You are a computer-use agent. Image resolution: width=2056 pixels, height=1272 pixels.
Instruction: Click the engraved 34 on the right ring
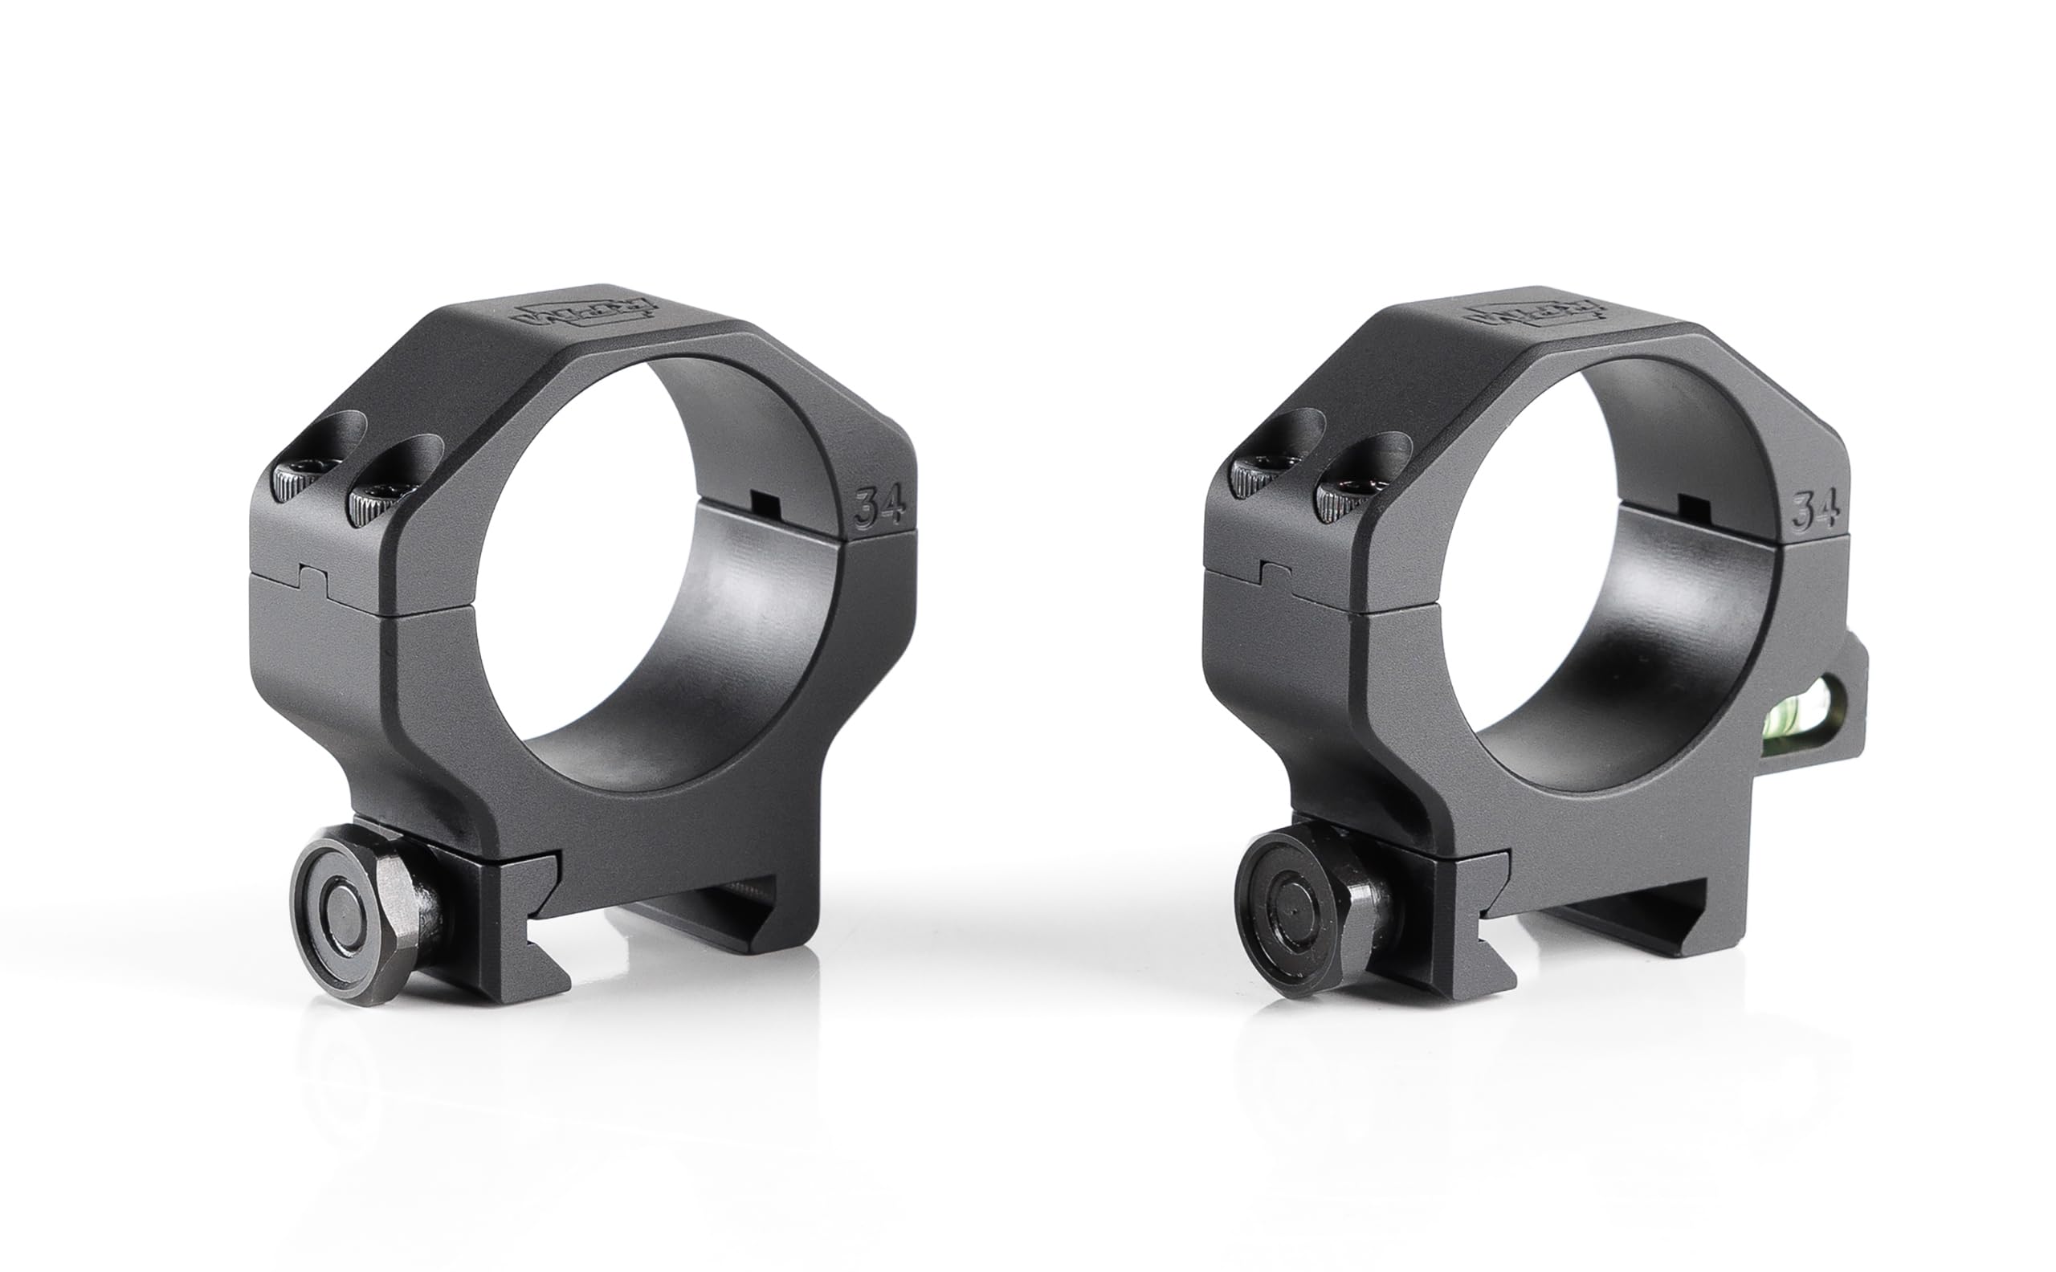click(x=1815, y=510)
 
